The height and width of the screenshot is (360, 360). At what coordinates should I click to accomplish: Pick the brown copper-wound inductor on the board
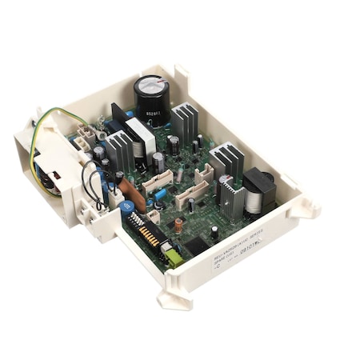point(178,226)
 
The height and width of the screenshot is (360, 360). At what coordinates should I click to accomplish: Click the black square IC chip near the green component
point(192,244)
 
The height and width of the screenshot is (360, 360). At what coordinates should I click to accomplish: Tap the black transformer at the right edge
point(258,190)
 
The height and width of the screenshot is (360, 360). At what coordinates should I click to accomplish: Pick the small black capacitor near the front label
point(214,232)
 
